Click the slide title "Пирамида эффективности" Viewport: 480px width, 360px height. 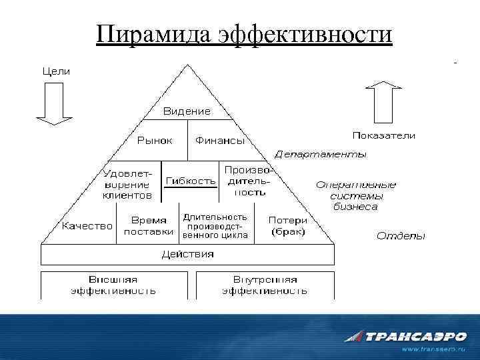tap(243, 34)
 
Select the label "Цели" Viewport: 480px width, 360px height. tap(56, 71)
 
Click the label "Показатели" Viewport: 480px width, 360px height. tap(383, 135)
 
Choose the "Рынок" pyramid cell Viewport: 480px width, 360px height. tap(155, 141)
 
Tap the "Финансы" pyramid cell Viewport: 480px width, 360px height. tap(219, 141)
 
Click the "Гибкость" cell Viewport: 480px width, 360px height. tap(191, 181)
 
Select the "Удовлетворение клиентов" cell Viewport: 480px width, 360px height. tap(127, 181)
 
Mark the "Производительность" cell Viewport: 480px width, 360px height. tap(247, 181)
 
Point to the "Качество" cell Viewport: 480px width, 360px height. tap(87, 226)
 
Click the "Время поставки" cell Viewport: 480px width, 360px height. tap(149, 226)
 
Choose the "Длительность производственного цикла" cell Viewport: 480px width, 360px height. tap(215, 226)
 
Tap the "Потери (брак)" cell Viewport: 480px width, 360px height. tap(288, 226)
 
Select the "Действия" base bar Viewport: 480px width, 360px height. tap(187, 254)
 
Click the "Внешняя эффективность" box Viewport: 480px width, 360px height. tap(114, 285)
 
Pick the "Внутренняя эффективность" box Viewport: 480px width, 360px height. tap(265, 285)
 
